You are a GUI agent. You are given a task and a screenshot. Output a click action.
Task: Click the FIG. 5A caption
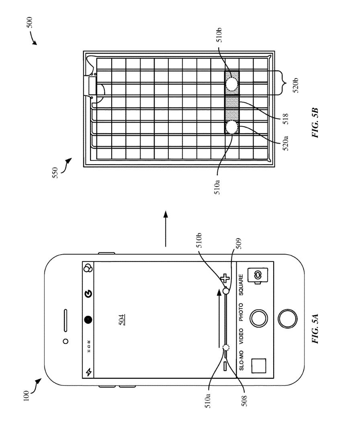pyautogui.click(x=315, y=329)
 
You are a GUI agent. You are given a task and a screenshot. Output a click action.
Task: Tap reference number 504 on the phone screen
pyautogui.click(x=122, y=320)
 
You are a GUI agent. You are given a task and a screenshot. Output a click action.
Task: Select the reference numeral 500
pyautogui.click(x=29, y=23)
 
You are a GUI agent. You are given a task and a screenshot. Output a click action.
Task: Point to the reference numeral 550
pyautogui.click(x=55, y=173)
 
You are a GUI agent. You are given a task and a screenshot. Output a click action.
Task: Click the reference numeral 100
pyautogui.click(x=26, y=396)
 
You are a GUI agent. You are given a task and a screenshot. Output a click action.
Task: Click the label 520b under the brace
pyautogui.click(x=296, y=85)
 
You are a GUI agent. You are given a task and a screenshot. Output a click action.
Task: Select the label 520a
pyautogui.click(x=285, y=143)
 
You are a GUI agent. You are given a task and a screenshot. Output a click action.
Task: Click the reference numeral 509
pyautogui.click(x=238, y=243)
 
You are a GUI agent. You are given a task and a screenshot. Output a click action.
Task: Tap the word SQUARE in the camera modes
pyautogui.click(x=241, y=285)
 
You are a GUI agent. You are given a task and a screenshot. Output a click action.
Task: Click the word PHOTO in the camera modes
pyautogui.click(x=241, y=312)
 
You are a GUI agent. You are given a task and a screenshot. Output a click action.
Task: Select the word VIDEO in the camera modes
pyautogui.click(x=241, y=336)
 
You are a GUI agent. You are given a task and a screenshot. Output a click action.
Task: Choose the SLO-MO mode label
pyautogui.click(x=241, y=360)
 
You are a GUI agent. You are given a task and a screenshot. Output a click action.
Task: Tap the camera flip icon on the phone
pyautogui.click(x=258, y=276)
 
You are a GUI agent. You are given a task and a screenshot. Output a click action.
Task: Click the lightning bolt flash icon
pyautogui.click(x=89, y=372)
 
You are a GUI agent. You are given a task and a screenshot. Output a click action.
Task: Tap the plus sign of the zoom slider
pyautogui.click(x=225, y=278)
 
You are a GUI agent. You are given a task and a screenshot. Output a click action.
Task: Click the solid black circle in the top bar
pyautogui.click(x=88, y=319)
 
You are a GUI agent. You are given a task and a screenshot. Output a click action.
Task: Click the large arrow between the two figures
pyautogui.click(x=166, y=229)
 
